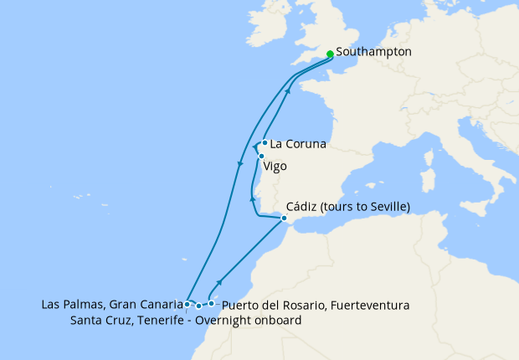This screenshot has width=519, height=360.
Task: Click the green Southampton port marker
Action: click(x=330, y=54)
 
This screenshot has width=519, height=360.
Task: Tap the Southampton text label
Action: click(x=373, y=52)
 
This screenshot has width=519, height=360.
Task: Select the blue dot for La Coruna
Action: click(x=265, y=142)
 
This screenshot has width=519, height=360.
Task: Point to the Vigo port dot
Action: click(x=262, y=156)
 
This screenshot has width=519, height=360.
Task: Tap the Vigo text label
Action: click(x=275, y=166)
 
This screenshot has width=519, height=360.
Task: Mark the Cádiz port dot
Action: click(x=284, y=218)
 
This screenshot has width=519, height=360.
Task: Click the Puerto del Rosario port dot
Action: click(x=211, y=304)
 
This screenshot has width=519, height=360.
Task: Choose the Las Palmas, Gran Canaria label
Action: click(x=111, y=304)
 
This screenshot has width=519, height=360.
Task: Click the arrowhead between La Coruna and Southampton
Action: click(x=287, y=92)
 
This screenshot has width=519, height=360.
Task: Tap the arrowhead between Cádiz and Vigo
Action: click(x=252, y=199)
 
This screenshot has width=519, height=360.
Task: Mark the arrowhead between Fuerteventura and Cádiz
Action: click(x=220, y=283)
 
